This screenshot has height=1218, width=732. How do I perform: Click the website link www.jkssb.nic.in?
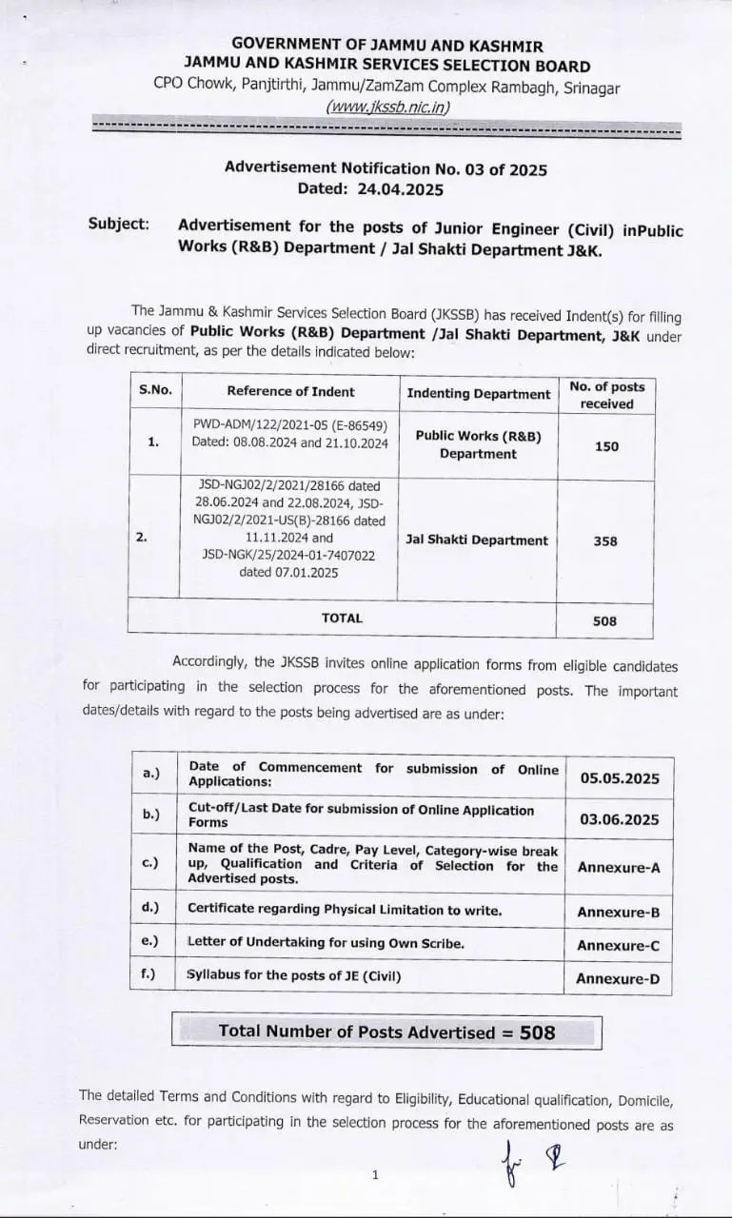coord(386,107)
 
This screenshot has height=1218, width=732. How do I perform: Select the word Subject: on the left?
coord(119,224)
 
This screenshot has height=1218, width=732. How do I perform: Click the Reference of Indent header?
coord(290,391)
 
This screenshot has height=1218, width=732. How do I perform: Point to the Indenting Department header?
coord(478,394)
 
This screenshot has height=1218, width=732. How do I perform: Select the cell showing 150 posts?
coord(606,445)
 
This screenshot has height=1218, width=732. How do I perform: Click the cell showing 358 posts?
coord(604,540)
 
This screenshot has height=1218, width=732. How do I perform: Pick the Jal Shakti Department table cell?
coord(477,540)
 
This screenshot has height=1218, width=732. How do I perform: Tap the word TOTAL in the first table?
coord(342,619)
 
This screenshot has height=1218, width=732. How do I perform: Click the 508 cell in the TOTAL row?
coord(604,621)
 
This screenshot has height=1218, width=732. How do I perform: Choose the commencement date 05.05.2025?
coord(619,778)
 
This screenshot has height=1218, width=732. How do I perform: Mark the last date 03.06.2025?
coord(619,819)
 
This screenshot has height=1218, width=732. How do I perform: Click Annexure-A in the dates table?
coord(619,868)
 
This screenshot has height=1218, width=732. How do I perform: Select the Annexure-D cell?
coord(618,979)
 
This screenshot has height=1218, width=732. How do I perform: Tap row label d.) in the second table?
coord(150,908)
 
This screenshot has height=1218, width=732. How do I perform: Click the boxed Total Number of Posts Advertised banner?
coord(386,1031)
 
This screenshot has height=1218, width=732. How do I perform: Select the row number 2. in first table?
coord(142,538)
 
